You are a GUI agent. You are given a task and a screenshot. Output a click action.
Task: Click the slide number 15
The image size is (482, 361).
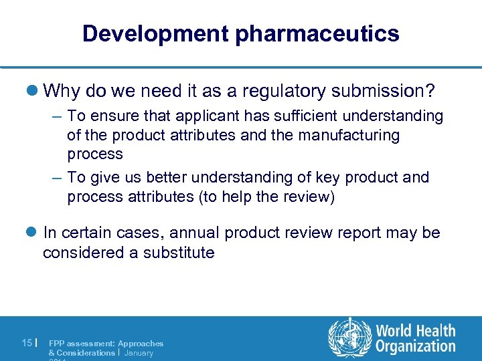pyautogui.click(x=27, y=343)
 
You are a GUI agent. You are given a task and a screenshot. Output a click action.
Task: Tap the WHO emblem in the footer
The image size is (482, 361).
pyautogui.click(x=349, y=337)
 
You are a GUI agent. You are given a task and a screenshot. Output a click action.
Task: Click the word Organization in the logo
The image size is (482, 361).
pyautogui.click(x=416, y=346)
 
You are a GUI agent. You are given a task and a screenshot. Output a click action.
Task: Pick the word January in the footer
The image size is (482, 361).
pyautogui.click(x=139, y=352)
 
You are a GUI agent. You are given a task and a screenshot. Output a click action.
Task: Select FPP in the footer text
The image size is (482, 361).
pyautogui.click(x=57, y=344)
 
